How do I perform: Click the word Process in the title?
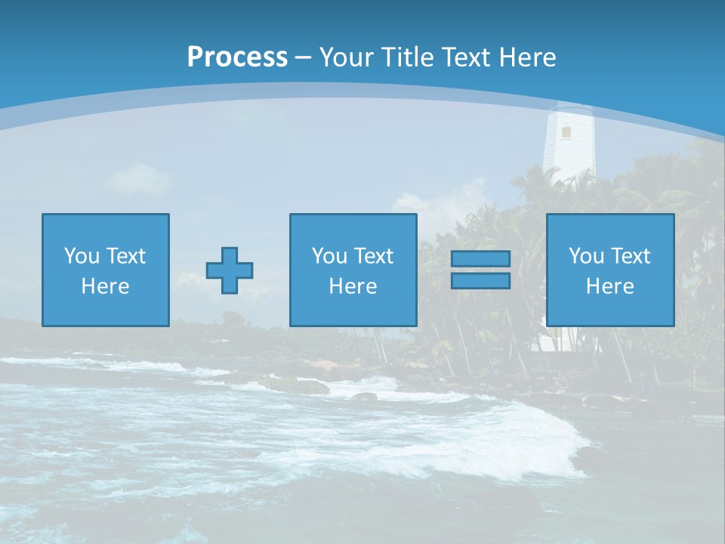[x=237, y=57]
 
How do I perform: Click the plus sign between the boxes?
[x=230, y=270]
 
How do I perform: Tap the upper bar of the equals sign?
[x=480, y=258]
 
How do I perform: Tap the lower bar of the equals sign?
[x=480, y=280]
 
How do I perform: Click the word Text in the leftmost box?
[x=125, y=256]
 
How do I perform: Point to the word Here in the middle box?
[x=353, y=286]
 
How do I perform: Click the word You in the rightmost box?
[x=586, y=256]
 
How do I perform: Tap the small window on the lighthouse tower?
[x=566, y=132]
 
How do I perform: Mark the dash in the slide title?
[x=303, y=57]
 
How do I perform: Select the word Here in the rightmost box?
[x=610, y=286]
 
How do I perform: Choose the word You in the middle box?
[x=329, y=256]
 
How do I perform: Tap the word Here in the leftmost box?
[x=106, y=286]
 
